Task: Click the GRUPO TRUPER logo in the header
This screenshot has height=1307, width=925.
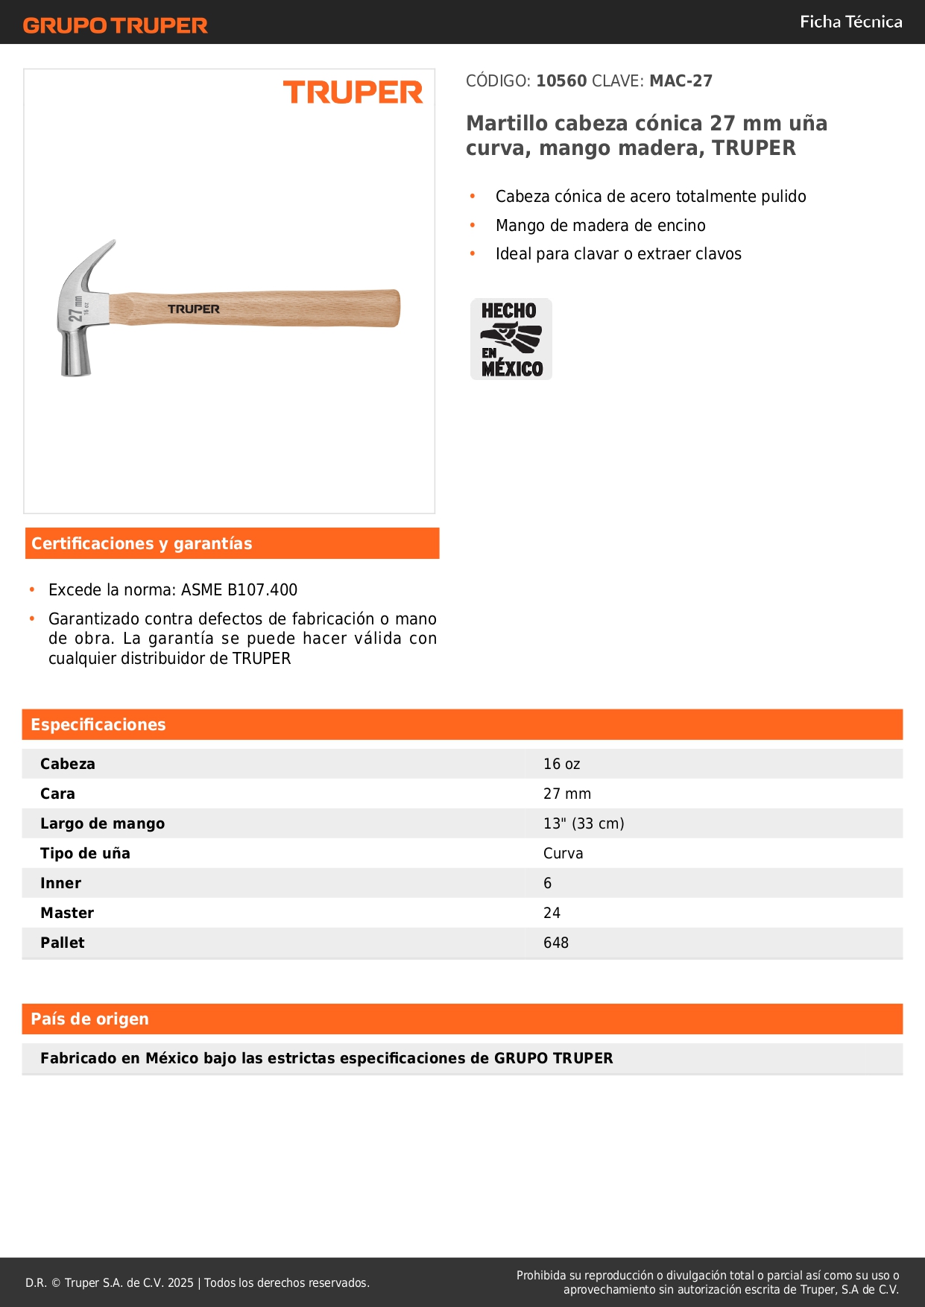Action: point(115,25)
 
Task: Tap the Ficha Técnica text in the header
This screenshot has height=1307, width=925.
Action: point(850,22)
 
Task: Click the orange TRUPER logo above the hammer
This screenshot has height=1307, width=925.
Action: point(353,92)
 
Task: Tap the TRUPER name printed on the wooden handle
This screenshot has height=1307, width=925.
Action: point(193,308)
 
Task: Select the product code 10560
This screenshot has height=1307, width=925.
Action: point(561,80)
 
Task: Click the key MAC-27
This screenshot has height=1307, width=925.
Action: point(681,80)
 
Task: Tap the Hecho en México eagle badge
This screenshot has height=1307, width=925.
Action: point(511,339)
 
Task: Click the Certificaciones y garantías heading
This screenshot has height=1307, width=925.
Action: point(142,543)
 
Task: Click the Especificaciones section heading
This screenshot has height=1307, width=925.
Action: point(98,724)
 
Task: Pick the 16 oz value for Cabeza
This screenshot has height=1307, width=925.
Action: point(561,764)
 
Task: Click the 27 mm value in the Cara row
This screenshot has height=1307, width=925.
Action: point(566,794)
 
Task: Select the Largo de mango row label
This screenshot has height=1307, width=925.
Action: point(102,823)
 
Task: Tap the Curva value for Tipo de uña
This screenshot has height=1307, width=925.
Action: point(563,853)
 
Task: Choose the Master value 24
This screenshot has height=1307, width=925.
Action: point(552,913)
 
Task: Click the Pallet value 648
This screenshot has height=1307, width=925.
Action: point(555,943)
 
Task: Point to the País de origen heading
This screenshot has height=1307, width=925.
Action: point(89,1019)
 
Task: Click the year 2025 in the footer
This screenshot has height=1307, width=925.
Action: point(180,1282)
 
